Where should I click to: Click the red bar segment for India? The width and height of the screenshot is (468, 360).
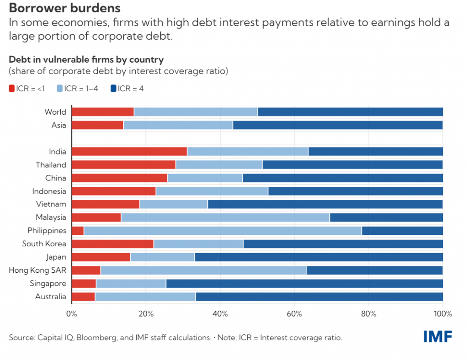[x=129, y=152]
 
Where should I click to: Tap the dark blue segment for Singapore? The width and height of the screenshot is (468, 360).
[x=304, y=284]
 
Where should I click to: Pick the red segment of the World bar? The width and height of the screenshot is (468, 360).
[x=103, y=112]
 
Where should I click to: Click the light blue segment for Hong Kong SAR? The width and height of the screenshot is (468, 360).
[x=203, y=270]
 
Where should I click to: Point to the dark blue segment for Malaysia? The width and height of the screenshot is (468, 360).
[x=386, y=217]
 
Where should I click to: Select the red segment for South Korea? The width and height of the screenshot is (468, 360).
[x=113, y=244]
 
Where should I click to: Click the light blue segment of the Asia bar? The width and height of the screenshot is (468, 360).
[x=178, y=125]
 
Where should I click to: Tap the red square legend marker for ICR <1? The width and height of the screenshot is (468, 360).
[x=12, y=89]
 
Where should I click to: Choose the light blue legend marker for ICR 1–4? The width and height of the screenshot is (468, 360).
[x=59, y=89]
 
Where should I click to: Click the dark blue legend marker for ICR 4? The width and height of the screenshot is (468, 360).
[x=113, y=89]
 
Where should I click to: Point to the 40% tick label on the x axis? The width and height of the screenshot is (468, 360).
[x=220, y=314]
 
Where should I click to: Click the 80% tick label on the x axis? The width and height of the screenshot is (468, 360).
[x=368, y=314]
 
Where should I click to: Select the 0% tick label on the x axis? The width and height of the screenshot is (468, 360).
[x=72, y=314]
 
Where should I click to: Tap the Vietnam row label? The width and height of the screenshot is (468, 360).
[x=51, y=204]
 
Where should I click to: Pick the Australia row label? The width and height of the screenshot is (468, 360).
[x=51, y=297]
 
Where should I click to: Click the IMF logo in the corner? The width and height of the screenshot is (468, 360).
[x=437, y=337]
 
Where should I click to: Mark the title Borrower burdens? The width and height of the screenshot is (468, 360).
[x=64, y=8]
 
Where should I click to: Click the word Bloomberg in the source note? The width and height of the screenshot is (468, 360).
[x=96, y=338]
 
